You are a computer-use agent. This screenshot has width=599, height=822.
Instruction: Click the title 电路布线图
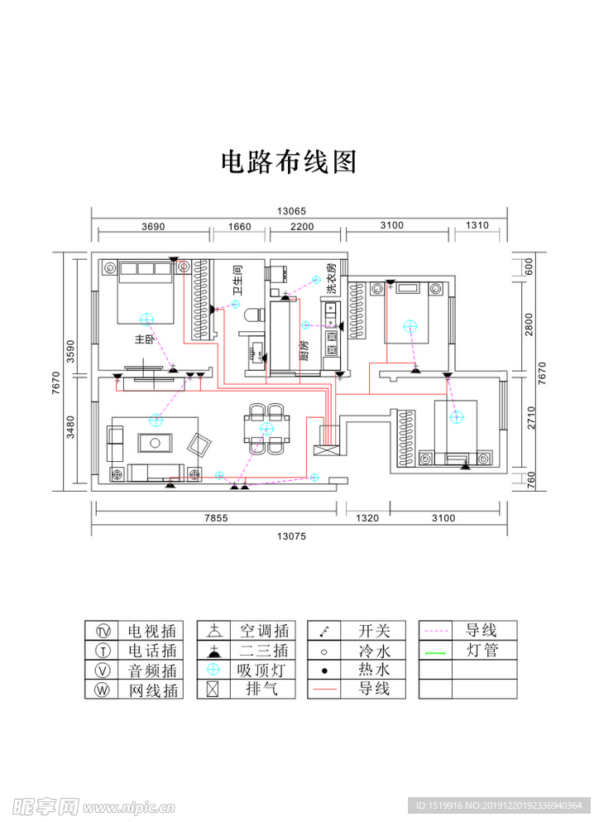[x=288, y=161]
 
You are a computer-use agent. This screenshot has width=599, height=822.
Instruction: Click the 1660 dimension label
[x=239, y=226]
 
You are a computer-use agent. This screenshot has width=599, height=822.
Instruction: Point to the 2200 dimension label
[x=302, y=226]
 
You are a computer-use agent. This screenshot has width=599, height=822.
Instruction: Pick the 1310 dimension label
[x=477, y=226]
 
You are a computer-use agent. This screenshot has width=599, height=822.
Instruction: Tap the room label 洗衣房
[x=331, y=279]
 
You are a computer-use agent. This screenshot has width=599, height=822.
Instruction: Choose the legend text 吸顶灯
[x=262, y=671]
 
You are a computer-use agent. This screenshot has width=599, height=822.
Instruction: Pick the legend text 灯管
[x=482, y=651]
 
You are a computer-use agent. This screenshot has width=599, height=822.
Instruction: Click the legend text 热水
[x=374, y=671]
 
